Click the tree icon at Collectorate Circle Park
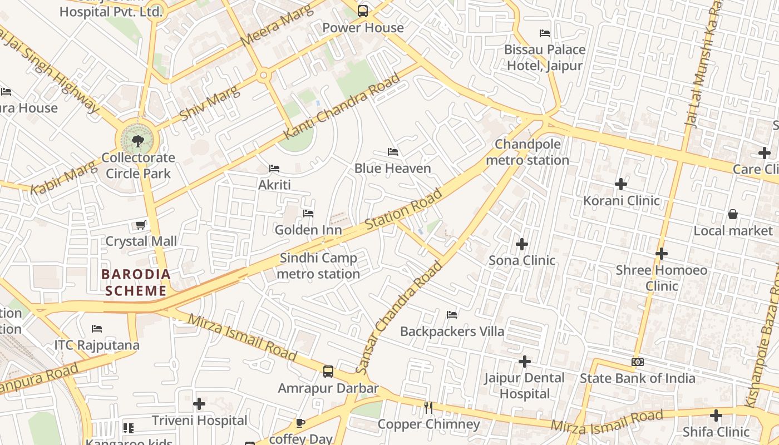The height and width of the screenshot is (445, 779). [138, 141]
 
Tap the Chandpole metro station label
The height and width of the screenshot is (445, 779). [527, 152]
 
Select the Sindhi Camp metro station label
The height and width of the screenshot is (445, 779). [318, 266]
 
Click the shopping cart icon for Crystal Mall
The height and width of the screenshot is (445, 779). [141, 225]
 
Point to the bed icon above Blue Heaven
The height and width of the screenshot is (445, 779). [393, 152]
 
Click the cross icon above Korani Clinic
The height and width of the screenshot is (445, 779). [621, 184]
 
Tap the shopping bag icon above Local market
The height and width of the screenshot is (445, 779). [733, 214]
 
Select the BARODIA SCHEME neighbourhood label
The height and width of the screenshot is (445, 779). [136, 283]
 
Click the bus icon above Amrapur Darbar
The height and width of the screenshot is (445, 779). [328, 372]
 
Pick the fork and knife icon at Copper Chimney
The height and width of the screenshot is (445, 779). [428, 408]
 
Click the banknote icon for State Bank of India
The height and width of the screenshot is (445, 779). [638, 362]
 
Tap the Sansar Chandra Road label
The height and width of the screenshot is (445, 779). [399, 318]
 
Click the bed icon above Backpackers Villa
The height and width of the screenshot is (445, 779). [452, 315]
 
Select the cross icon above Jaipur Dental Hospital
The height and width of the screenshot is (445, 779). [524, 362]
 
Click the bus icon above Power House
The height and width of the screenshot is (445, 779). [363, 11]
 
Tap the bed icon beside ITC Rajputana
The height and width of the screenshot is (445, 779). [97, 329]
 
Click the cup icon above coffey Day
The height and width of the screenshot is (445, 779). [300, 423]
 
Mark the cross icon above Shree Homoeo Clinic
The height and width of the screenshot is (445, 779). [661, 254]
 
